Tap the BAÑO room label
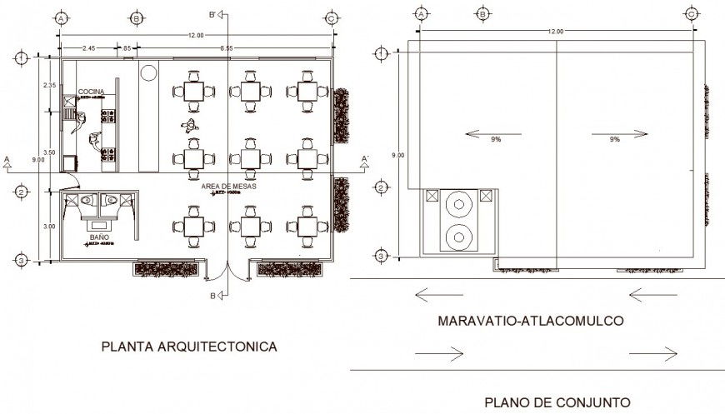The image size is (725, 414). [99, 237]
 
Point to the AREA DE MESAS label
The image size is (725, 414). [228, 186]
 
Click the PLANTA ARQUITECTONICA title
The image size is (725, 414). [188, 346]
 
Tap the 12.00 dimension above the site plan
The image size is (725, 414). [555, 32]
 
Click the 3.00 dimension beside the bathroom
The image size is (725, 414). [49, 226]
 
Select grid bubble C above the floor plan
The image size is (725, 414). [332, 17]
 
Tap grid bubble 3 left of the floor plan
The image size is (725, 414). [20, 262]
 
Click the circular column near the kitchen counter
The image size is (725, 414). [149, 73]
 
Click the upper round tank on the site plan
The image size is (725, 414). [458, 204]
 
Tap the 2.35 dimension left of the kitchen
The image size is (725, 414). [49, 85]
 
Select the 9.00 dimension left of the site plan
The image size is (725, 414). [398, 155]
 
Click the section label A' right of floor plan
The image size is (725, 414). [363, 157]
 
